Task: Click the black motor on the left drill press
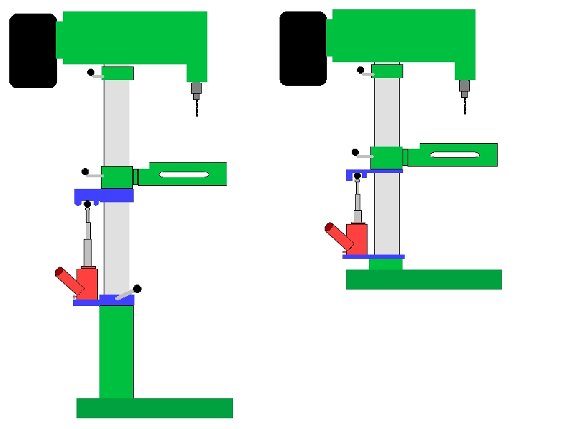coord(33,51)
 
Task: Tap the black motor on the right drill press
coord(303,49)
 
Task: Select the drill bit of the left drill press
coord(197,107)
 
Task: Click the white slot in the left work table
coord(184,174)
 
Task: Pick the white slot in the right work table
coord(454,155)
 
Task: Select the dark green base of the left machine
coord(154,408)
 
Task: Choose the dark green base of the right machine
coord(423,280)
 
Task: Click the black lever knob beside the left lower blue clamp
coord(137,289)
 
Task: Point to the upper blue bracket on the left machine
coord(104,195)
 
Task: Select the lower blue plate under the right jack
coord(373,256)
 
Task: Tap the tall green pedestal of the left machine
coord(116,350)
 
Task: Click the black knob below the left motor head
coord(91,72)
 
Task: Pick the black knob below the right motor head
coord(360,70)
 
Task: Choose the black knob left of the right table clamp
coord(355,152)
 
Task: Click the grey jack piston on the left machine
coord(88,250)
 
